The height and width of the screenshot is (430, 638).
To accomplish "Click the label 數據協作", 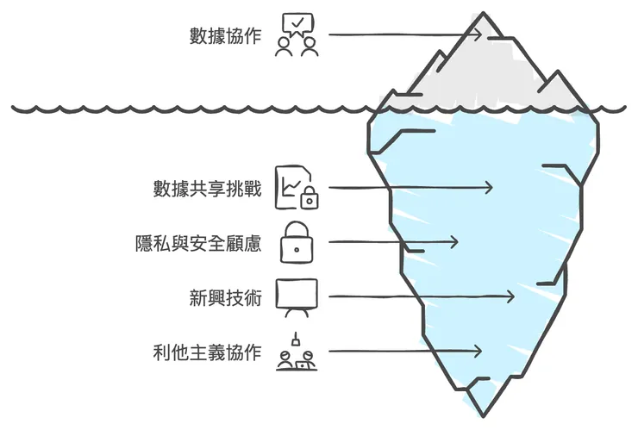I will pyautogui.click(x=225, y=36).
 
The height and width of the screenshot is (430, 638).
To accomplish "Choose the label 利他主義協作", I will pyautogui.click(x=206, y=352).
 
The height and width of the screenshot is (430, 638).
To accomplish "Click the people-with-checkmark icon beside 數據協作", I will pyautogui.click(x=297, y=34).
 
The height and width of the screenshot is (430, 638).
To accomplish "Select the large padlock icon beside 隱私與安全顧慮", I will pyautogui.click(x=297, y=241).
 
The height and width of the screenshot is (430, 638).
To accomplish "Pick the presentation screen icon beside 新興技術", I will pyautogui.click(x=297, y=296).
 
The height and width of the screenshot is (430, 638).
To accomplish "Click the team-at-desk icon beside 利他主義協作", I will pyautogui.click(x=297, y=353).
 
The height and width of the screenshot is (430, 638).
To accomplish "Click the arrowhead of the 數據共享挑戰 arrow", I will pyautogui.click(x=489, y=188).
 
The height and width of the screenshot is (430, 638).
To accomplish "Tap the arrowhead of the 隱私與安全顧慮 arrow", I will pyautogui.click(x=455, y=242).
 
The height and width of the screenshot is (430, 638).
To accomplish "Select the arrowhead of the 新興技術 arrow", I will pyautogui.click(x=510, y=297).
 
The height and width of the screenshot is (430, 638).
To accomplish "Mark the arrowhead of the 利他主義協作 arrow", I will pyautogui.click(x=477, y=352).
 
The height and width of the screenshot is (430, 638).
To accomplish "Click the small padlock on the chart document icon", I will pyautogui.click(x=309, y=199).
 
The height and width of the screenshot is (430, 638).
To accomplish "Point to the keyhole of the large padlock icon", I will pyautogui.click(x=297, y=248).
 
